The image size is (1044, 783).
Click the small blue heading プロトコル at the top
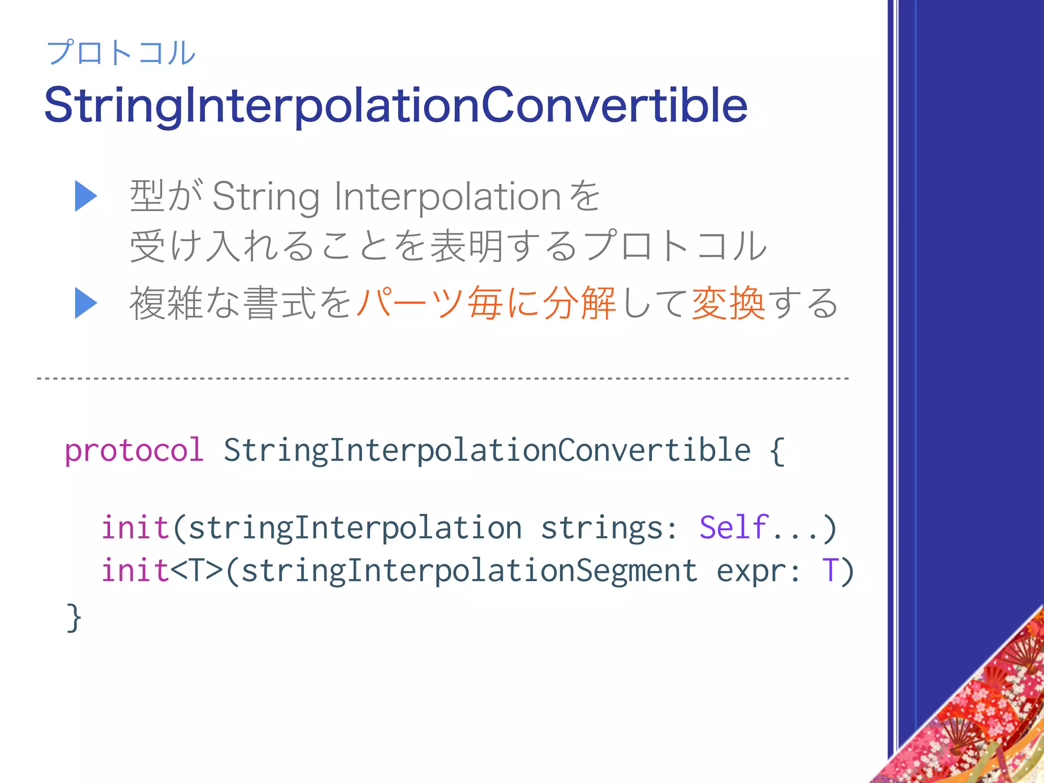point(121,53)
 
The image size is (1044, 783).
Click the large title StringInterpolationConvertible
point(396,106)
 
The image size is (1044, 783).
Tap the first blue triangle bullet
point(86,196)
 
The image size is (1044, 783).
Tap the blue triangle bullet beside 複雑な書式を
point(86,303)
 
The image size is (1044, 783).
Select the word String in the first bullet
point(266,197)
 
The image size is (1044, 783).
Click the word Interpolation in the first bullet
point(448,197)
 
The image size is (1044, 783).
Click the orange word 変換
point(728,303)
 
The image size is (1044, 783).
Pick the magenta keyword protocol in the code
point(134,451)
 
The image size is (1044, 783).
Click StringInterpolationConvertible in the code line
point(487,451)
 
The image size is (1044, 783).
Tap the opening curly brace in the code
point(776,451)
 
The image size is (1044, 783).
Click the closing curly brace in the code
point(73,617)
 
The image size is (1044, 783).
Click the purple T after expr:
point(830,570)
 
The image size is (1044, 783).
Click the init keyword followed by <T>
point(135,570)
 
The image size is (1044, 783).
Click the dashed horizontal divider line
point(442,379)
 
